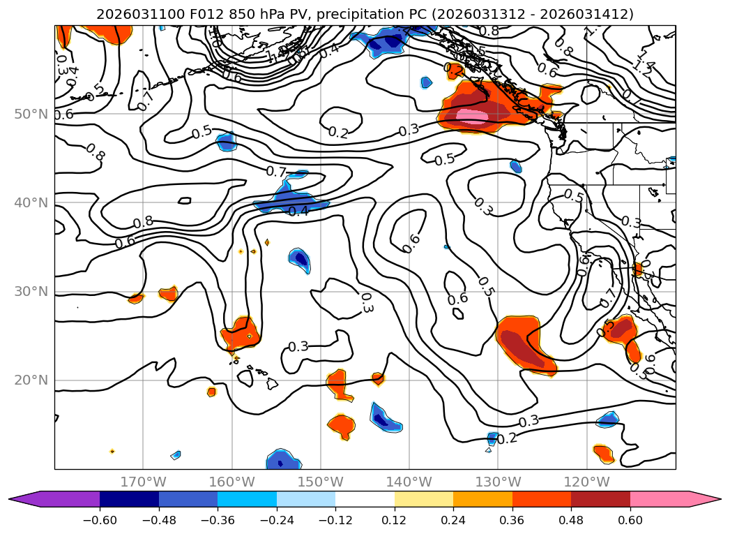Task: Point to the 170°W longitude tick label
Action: (143, 482)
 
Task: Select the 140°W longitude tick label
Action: (409, 482)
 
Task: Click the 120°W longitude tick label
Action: (587, 482)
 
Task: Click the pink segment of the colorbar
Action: (659, 499)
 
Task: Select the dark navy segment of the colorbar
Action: (129, 499)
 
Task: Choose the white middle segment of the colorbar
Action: (365, 499)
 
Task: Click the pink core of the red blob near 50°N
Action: (473, 116)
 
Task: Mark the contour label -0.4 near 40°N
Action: (298, 211)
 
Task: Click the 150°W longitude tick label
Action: (321, 482)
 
